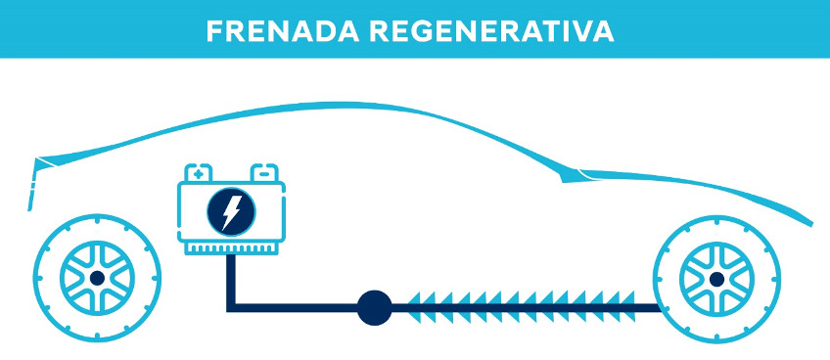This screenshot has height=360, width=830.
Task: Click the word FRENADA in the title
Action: [x=275, y=29]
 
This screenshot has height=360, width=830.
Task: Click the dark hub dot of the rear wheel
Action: [x=96, y=279]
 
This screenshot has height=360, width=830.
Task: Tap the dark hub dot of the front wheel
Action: [x=716, y=279]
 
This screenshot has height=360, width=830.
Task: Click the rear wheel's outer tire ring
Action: [x=42, y=279]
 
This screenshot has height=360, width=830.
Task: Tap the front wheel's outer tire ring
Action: [x=663, y=279]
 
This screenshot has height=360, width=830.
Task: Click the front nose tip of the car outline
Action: [x=810, y=220]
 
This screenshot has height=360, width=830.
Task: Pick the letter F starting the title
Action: [x=215, y=29]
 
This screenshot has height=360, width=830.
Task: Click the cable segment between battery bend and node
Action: [x=294, y=309]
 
